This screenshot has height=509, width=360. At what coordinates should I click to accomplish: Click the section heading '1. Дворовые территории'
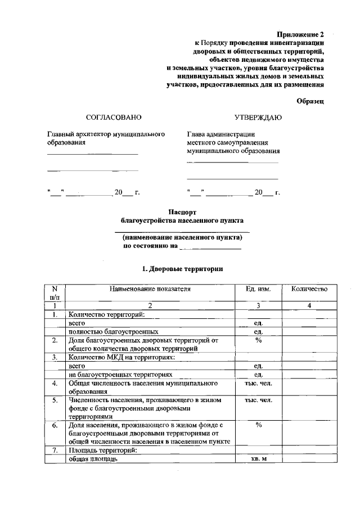pyautogui.click(x=183, y=269)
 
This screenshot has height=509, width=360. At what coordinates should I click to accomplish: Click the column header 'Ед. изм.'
pyautogui.click(x=259, y=289)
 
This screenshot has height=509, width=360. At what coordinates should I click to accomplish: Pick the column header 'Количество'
pyautogui.click(x=309, y=289)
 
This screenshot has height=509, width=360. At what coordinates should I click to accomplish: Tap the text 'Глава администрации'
pyautogui.click(x=221, y=134)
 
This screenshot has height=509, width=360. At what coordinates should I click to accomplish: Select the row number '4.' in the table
pyautogui.click(x=55, y=384)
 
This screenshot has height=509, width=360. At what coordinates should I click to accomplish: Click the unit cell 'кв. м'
pyautogui.click(x=259, y=460)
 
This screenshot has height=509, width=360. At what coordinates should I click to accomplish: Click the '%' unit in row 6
pyautogui.click(x=259, y=425)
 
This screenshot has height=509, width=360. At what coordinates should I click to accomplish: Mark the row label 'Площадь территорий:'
pyautogui.click(x=101, y=451)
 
